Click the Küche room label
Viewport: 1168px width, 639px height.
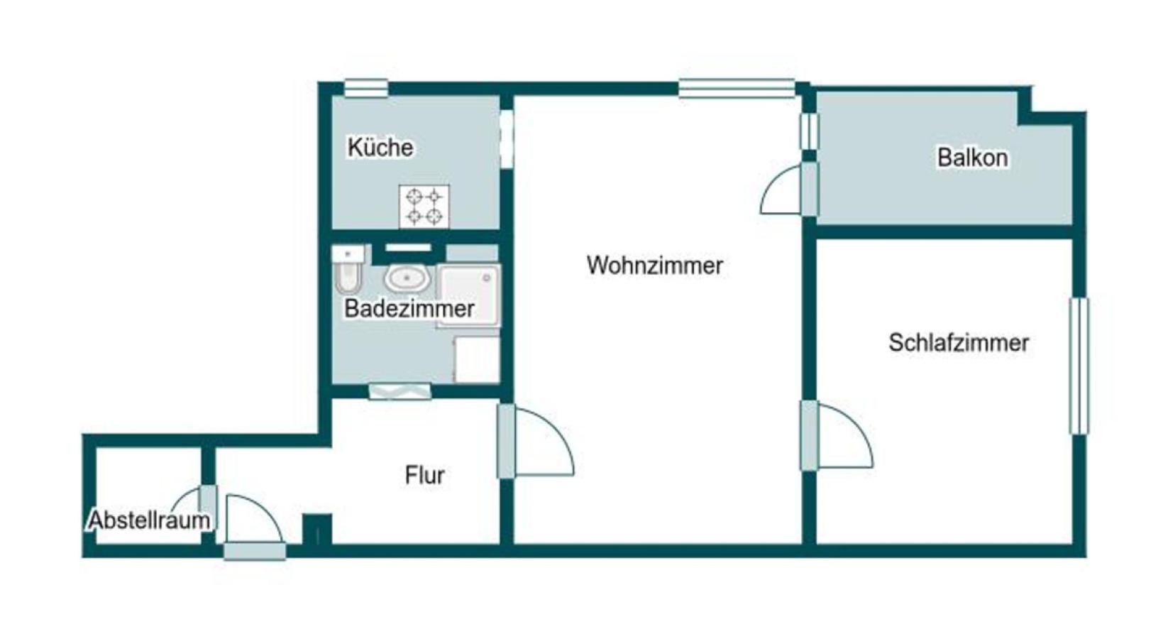click(380, 148)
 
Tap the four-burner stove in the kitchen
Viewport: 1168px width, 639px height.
click(424, 206)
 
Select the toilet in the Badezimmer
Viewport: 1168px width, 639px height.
click(348, 271)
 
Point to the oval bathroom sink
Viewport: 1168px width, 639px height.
click(407, 278)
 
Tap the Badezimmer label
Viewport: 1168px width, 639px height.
click(409, 309)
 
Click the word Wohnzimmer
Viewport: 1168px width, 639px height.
click(655, 266)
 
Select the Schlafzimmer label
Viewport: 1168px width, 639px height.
click(959, 343)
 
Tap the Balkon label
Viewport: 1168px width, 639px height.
click(972, 158)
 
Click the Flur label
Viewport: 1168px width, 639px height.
click(424, 475)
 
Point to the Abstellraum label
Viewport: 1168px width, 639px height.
click(149, 520)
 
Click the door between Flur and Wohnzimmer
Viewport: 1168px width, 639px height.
click(507, 440)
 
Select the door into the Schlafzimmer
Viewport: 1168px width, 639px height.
click(809, 435)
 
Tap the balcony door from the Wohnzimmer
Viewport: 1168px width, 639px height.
click(809, 189)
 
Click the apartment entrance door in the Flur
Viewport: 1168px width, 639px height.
click(255, 550)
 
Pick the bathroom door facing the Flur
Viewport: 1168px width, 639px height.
click(400, 391)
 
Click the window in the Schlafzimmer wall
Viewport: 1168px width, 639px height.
click(1079, 366)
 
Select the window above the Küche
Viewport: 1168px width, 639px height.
click(366, 88)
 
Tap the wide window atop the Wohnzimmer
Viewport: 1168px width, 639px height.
click(736, 88)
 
